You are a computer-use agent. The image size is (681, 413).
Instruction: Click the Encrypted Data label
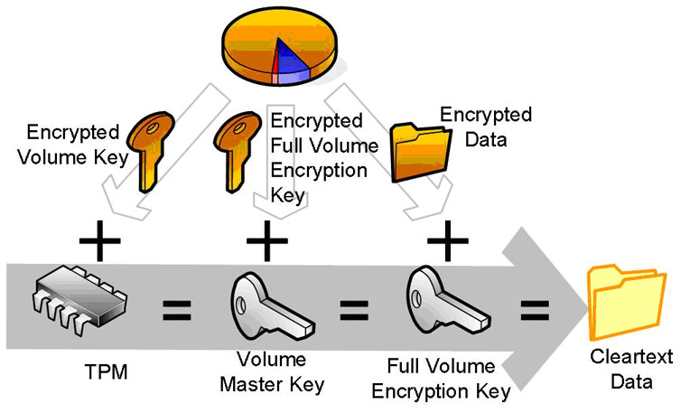tap(485, 127)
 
